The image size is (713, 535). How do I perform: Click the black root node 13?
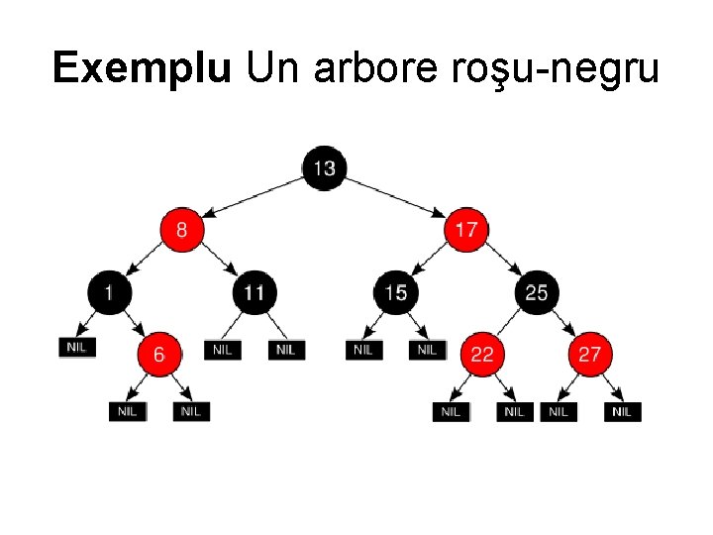pos(324,168)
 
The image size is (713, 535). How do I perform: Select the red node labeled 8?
pos(181,230)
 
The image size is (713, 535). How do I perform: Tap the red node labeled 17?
pos(466,230)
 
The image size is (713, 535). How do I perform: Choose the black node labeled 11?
pos(254,292)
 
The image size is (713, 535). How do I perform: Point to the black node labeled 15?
pos(395,292)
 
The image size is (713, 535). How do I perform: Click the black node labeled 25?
pos(536,292)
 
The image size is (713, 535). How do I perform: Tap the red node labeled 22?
pos(481,354)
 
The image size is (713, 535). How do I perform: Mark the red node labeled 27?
pos(589,354)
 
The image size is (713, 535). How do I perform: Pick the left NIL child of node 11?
pos(223,349)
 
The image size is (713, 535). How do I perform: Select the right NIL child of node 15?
pos(427,349)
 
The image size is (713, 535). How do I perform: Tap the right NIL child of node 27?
pos(621,411)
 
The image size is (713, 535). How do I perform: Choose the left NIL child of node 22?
pos(451,411)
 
